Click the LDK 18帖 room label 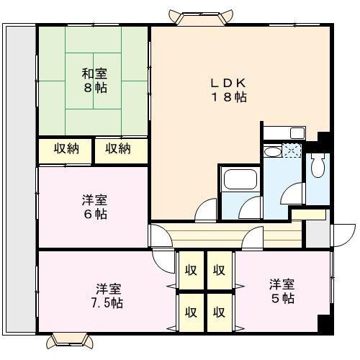click(228, 90)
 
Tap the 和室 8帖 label click(94, 81)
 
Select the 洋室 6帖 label click(94, 207)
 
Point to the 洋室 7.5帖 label click(107, 296)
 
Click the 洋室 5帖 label click(282, 292)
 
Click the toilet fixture click(318, 166)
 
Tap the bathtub click(240, 179)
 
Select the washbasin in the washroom click(272, 152)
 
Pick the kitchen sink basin click(297, 133)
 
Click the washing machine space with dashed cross click(292, 150)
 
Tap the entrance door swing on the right click(343, 235)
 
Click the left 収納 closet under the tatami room click(66, 151)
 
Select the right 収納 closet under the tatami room click(121, 151)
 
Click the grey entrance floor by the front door click(318, 234)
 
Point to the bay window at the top click(201, 17)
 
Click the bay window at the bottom click(70, 341)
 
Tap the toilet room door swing click(293, 194)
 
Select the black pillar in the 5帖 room click(325, 324)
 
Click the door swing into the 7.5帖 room click(163, 261)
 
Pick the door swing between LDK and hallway click(206, 210)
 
